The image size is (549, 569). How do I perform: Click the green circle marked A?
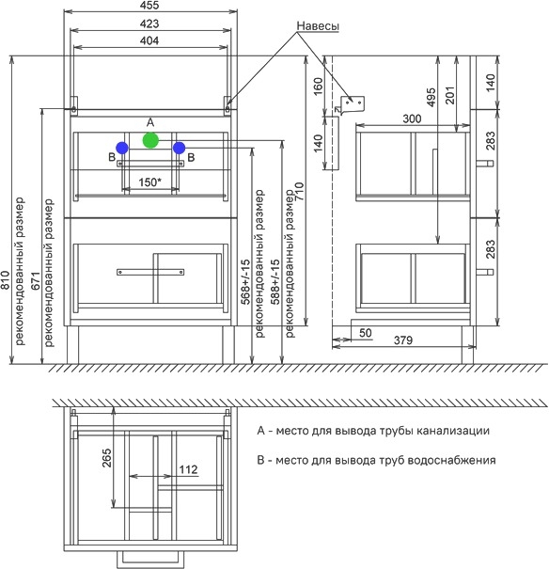click(150, 140)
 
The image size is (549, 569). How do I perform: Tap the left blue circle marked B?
click(122, 148)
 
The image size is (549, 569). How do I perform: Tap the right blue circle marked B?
click(180, 148)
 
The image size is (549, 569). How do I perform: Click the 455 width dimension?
click(149, 5)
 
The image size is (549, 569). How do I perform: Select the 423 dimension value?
click(149, 24)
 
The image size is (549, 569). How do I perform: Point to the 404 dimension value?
click(149, 40)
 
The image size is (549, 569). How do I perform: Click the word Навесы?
click(318, 26)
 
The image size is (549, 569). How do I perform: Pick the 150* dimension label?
click(149, 182)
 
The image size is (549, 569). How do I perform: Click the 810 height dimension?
click(5, 280)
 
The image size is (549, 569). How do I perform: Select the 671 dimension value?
click(35, 280)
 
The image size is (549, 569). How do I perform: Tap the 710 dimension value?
click(300, 192)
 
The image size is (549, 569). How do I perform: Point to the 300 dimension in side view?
click(413, 119)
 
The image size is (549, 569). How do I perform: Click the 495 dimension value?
click(431, 97)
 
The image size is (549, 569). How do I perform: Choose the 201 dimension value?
click(449, 95)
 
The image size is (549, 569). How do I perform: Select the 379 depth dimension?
click(403, 340)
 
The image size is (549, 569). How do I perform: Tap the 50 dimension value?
click(366, 333)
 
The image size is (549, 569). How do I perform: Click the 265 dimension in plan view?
click(106, 458)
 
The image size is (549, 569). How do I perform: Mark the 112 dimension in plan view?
click(188, 469)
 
